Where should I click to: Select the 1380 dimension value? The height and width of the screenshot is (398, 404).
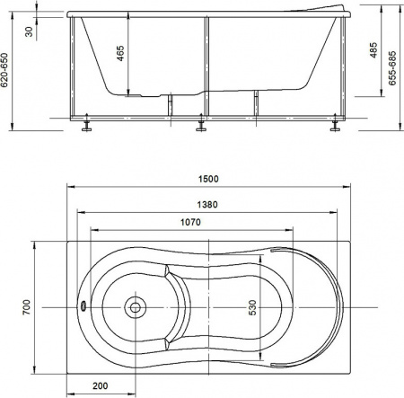point(209,205)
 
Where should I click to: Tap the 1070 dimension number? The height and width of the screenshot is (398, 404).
point(189,221)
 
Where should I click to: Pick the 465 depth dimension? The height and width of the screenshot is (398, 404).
point(120,57)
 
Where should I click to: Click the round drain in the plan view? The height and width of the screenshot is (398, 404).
point(136,306)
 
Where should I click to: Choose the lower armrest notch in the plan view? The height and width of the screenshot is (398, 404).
point(170,342)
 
